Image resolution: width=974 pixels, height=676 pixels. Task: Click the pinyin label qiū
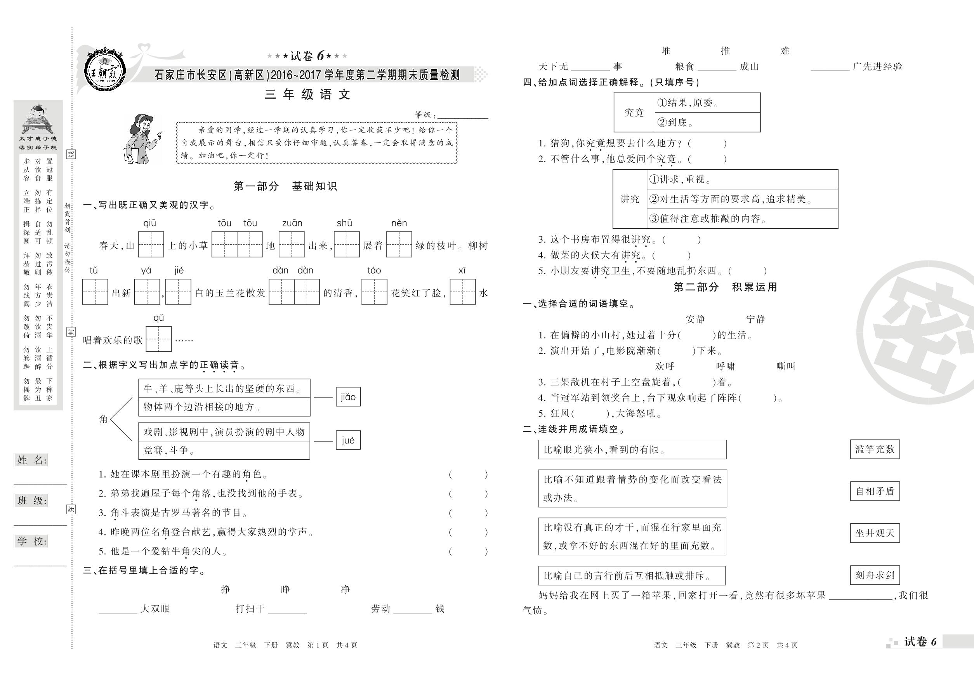click(x=149, y=223)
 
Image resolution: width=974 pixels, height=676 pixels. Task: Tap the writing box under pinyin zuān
click(x=292, y=244)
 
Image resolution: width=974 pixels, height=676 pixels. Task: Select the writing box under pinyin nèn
click(x=399, y=244)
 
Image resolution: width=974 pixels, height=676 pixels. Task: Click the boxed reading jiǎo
click(x=348, y=397)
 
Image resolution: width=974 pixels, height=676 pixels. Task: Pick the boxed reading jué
click(x=348, y=440)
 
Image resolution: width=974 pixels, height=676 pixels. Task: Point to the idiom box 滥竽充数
click(x=875, y=449)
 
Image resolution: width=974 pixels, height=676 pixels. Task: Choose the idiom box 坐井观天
click(x=875, y=533)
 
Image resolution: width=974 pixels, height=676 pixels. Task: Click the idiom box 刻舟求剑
click(x=875, y=575)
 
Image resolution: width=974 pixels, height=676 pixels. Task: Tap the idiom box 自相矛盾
click(x=875, y=491)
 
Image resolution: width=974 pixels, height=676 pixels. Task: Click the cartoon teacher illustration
click(x=143, y=139)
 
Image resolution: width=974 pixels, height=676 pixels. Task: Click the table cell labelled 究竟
click(x=634, y=113)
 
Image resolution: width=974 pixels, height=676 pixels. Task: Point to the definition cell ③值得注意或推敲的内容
click(x=742, y=219)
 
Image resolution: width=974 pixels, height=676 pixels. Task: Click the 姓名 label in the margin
click(x=32, y=460)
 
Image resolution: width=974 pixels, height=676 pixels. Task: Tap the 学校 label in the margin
click(x=32, y=541)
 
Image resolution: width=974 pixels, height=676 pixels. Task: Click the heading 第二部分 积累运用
click(x=725, y=287)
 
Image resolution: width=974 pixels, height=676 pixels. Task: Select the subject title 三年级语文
click(x=307, y=94)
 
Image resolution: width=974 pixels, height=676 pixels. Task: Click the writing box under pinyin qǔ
click(x=158, y=339)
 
